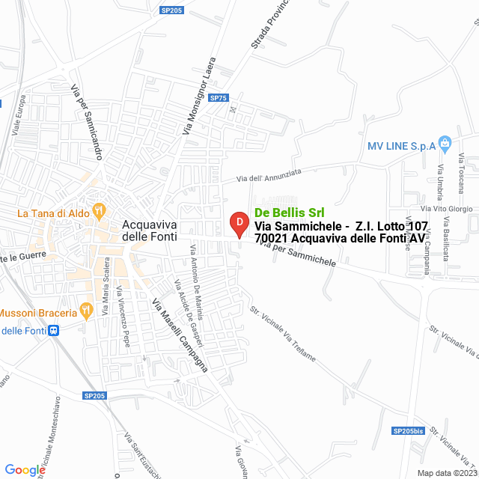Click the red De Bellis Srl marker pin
coord(238,223)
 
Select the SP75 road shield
coord(218,98)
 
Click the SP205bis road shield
coord(407,430)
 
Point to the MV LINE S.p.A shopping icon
coord(445,142)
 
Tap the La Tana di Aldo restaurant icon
coord(98,213)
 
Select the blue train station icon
coord(53,330)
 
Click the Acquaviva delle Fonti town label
coord(150,230)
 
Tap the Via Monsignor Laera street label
coord(198,96)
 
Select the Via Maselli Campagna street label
coord(180,335)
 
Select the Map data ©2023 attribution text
coord(446,472)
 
